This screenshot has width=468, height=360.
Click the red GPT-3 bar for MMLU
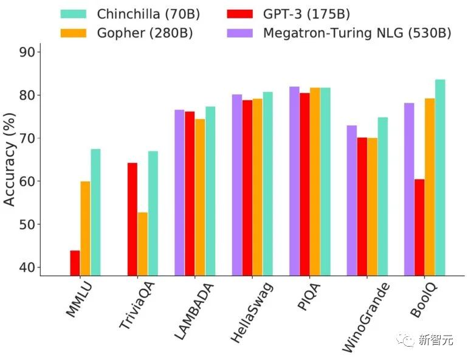click(75, 263)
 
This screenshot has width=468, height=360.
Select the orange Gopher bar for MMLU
click(85, 229)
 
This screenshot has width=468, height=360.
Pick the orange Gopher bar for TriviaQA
click(142, 243)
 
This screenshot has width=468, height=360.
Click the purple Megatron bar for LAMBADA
click(179, 192)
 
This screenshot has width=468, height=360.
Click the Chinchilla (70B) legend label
click(148, 13)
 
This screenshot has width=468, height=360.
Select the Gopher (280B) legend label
click(145, 33)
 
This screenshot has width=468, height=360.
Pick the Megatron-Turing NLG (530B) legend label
click(357, 33)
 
